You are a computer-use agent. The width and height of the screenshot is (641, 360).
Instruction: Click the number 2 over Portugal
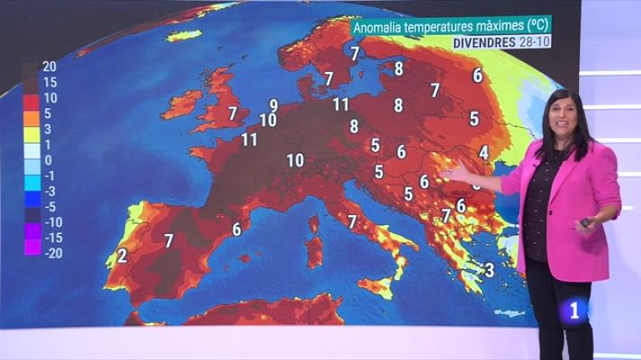[122, 255]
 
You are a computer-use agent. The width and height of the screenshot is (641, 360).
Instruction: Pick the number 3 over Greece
[489, 269]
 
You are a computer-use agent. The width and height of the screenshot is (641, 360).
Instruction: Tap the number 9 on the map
[274, 106]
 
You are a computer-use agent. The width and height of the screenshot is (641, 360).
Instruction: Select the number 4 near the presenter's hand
[483, 152]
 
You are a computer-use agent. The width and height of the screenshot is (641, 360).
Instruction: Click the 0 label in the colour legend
[46, 159]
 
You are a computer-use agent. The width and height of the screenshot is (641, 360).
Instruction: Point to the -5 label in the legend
[50, 206]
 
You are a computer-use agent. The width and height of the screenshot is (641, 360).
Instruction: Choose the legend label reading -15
[52, 237]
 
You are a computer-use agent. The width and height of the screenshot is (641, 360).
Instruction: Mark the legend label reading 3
[46, 130]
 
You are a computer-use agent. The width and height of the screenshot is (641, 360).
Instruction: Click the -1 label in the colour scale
[50, 175]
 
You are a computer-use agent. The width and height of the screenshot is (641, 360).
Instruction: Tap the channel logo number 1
[578, 310]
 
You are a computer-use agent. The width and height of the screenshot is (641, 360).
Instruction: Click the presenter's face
[561, 117]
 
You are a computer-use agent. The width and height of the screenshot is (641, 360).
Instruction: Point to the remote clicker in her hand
[588, 221]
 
